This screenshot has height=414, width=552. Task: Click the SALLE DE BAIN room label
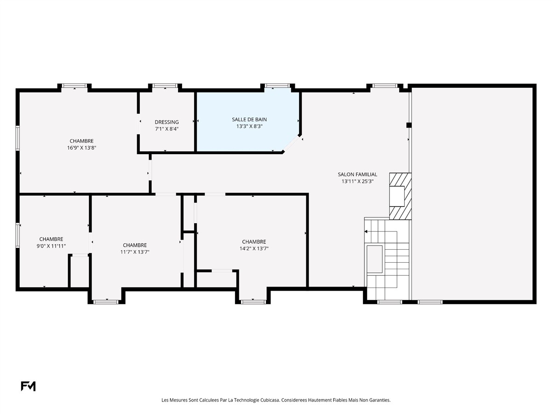pyautogui.click(x=249, y=120)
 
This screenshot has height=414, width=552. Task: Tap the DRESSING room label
pyautogui.click(x=167, y=122)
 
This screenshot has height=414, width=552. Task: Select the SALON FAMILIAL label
pyautogui.click(x=357, y=174)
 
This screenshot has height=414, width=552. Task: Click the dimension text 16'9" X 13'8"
pyautogui.click(x=81, y=148)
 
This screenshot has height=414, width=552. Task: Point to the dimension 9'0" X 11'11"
pyautogui.click(x=52, y=246)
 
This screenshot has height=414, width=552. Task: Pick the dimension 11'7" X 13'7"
pyautogui.click(x=135, y=252)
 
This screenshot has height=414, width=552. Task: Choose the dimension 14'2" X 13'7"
pyautogui.click(x=254, y=248)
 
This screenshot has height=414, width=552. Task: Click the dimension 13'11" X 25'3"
pyautogui.click(x=357, y=181)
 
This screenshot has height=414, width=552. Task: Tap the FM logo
pyautogui.click(x=28, y=386)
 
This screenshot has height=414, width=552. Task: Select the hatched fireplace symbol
pyautogui.click(x=400, y=196)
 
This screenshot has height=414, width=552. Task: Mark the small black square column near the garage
pyautogui.click(x=409, y=125)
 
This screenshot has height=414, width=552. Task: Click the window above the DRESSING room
pyautogui.click(x=165, y=86)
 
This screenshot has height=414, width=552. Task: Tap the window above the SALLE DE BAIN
pyautogui.click(x=277, y=86)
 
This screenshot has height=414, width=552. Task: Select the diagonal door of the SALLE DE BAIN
pyautogui.click(x=292, y=144)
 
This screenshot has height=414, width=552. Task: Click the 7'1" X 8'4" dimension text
pyautogui.click(x=167, y=129)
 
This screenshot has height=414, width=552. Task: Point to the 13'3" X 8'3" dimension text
pyautogui.click(x=249, y=126)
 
